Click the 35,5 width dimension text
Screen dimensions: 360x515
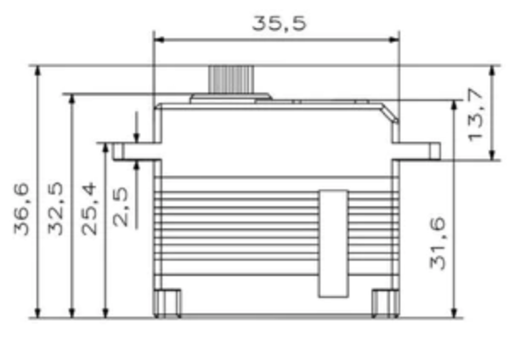(x=279, y=23)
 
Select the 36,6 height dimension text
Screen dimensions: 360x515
(x=24, y=209)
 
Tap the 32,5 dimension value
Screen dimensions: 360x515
(x=56, y=209)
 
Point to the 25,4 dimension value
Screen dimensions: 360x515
(x=88, y=209)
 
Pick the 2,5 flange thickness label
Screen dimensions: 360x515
(x=121, y=209)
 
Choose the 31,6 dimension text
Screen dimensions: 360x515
(x=438, y=243)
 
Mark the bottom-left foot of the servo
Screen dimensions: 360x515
(x=170, y=303)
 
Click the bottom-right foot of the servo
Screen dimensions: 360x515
(x=385, y=303)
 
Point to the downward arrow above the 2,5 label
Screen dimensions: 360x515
(x=137, y=136)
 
